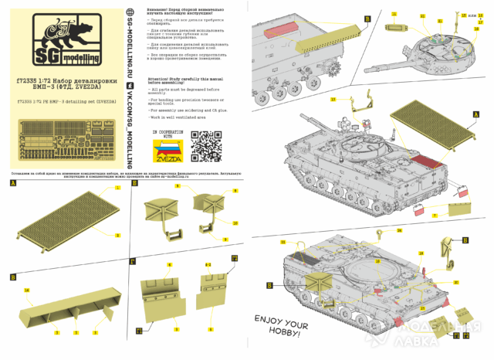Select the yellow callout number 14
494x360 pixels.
(27, 290)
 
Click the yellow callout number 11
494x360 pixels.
(394, 14)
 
